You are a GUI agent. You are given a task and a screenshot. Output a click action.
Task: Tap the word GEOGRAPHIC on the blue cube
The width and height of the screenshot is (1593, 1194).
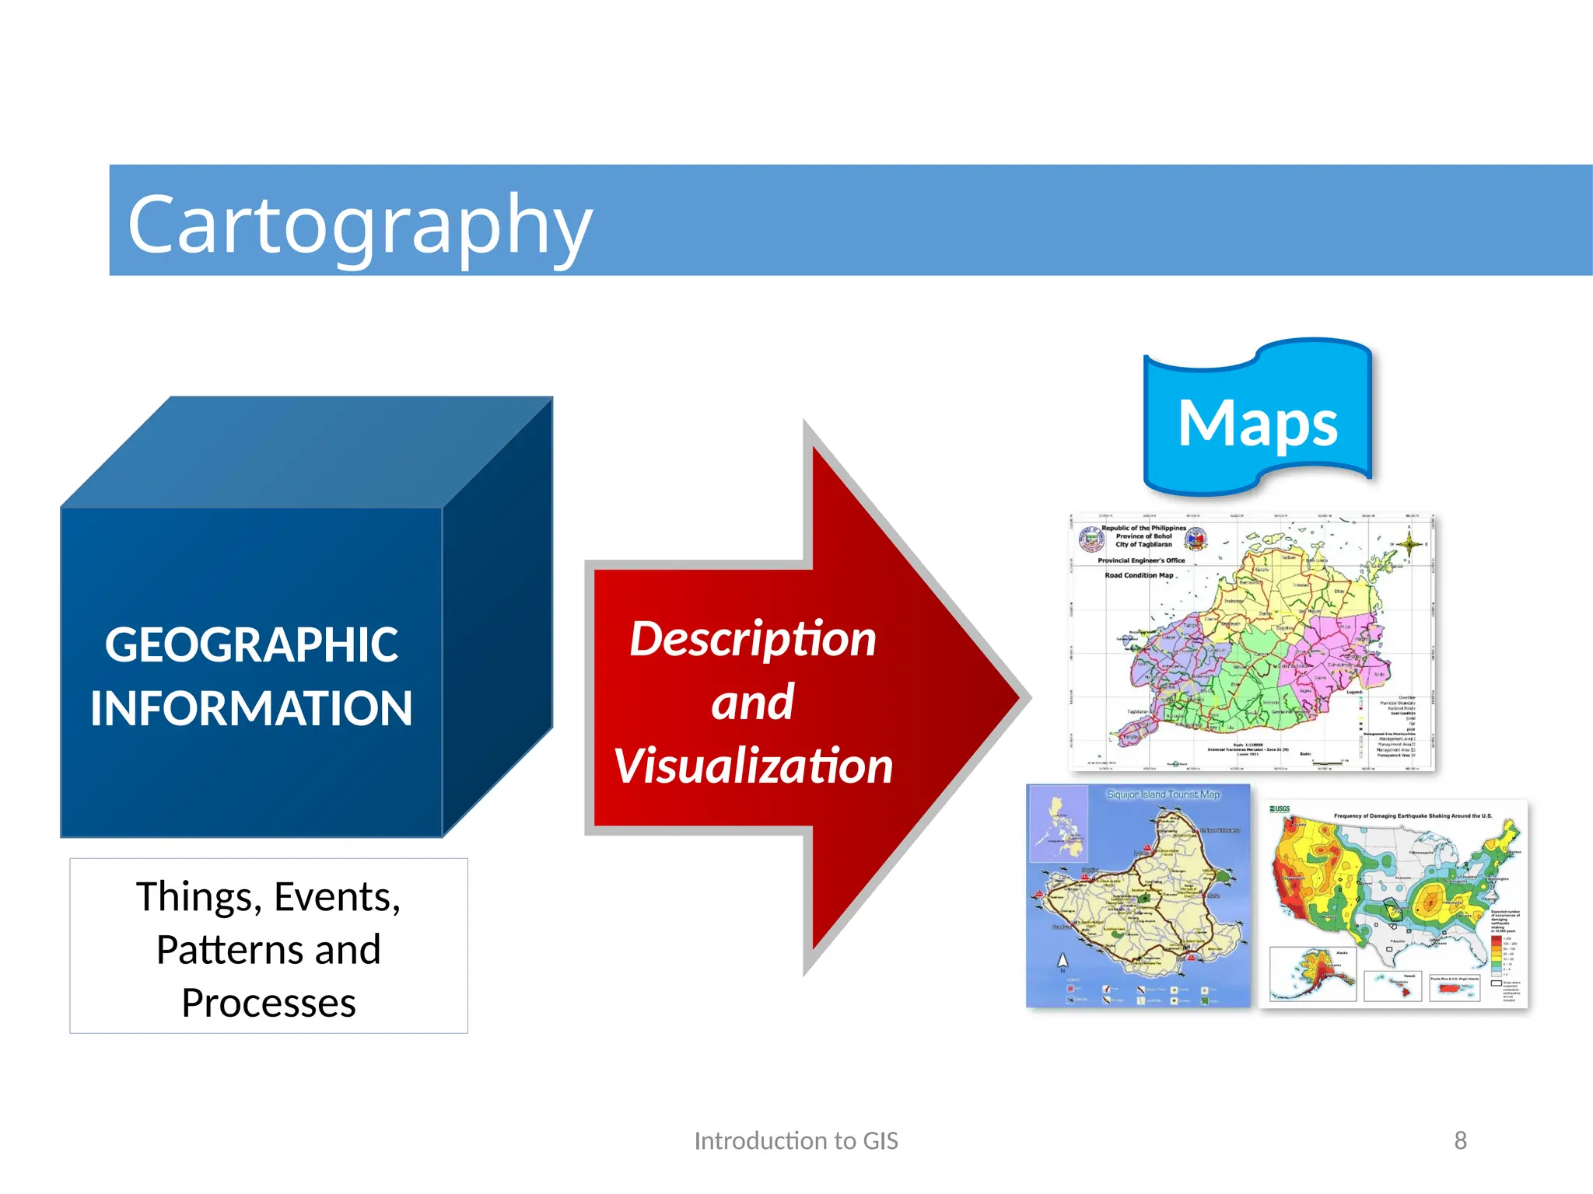[x=251, y=645]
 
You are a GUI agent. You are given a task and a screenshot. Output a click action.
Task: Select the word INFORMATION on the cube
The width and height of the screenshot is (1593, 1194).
[x=251, y=708]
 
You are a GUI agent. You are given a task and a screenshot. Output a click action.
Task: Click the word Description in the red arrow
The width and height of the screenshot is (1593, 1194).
[x=753, y=639]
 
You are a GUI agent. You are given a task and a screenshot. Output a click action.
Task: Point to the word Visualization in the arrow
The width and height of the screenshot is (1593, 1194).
[x=753, y=766]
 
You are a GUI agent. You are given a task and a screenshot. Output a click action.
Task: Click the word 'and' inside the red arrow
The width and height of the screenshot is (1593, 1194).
[x=752, y=703]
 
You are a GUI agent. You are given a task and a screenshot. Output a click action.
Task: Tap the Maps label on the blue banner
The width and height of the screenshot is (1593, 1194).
[x=1257, y=423]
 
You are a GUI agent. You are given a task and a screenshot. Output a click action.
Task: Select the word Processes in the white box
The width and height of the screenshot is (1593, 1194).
[x=268, y=1003]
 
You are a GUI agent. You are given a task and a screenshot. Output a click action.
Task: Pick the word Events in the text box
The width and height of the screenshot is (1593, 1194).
[x=336, y=897]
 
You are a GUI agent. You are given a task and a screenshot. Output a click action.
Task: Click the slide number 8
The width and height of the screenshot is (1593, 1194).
[x=1460, y=1140]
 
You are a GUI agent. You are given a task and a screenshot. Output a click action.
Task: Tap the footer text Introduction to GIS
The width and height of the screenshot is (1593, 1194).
[x=796, y=1140]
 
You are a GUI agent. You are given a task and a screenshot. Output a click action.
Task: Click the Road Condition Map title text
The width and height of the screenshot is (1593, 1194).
[x=1139, y=575]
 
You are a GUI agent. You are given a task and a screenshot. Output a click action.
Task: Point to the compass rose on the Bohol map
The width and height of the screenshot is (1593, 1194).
[x=1409, y=543]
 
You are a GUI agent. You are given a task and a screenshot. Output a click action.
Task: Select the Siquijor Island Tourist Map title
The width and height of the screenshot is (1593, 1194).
[x=1163, y=794]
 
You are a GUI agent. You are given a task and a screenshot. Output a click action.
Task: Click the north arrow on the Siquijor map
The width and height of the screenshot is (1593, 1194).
[x=1063, y=962]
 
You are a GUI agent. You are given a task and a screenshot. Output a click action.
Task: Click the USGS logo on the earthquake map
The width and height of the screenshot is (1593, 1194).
[x=1280, y=809]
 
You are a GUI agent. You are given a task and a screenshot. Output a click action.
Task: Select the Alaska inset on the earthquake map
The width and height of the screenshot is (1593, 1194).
[x=1313, y=973]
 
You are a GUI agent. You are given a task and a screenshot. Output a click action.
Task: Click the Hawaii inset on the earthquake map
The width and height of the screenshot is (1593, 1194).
[x=1392, y=986]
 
